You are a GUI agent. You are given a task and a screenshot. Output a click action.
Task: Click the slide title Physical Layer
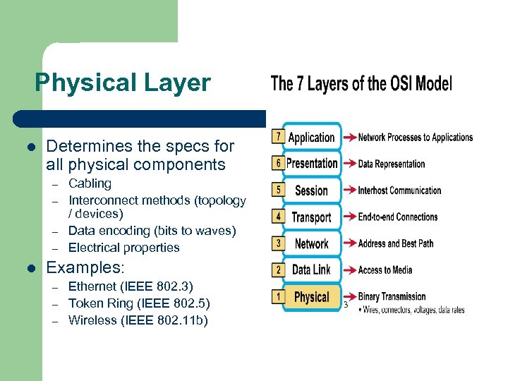(122, 83)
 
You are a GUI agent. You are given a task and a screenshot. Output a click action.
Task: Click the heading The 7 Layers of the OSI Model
(361, 84)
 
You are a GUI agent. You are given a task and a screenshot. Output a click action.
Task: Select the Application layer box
(311, 138)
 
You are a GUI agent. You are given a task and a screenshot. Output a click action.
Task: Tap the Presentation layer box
(312, 164)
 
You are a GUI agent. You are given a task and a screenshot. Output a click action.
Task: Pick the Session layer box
(311, 190)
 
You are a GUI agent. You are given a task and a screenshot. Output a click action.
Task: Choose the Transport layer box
(311, 217)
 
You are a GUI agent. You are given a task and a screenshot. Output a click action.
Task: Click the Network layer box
(311, 243)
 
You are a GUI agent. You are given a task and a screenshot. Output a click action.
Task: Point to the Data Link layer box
(311, 270)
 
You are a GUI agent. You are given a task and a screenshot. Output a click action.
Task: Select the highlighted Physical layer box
(311, 297)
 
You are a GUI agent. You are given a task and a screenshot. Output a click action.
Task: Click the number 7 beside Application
(279, 135)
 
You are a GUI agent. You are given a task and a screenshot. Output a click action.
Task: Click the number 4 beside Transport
(279, 215)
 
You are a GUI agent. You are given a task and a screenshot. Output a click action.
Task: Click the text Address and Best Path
(395, 243)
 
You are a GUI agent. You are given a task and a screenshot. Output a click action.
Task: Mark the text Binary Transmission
(392, 296)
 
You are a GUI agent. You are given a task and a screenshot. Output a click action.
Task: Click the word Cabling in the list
(90, 183)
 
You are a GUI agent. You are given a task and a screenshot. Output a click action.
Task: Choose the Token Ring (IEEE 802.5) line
(139, 303)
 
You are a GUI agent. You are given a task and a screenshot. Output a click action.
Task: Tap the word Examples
(85, 268)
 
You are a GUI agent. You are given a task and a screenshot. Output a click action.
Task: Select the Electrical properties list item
(123, 248)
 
